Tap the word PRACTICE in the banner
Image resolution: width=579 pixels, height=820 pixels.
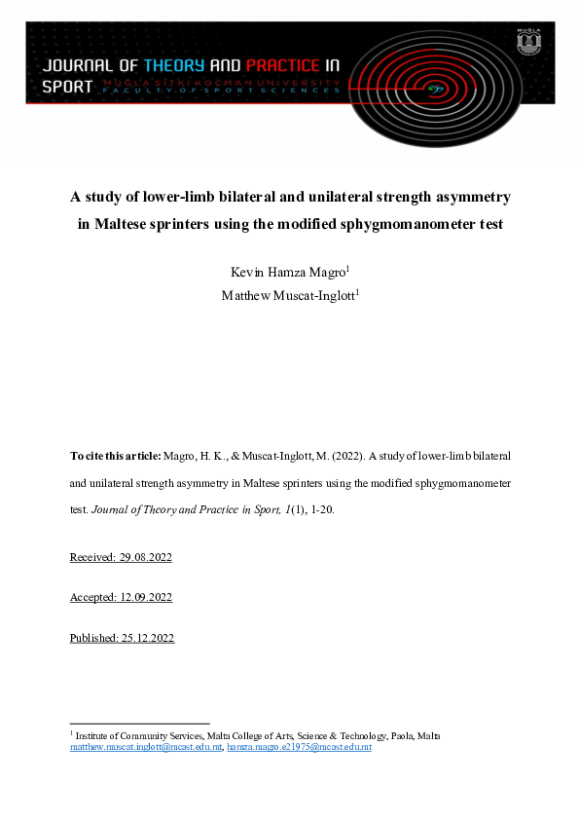point(282,66)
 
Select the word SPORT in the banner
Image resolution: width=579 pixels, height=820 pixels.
point(68,86)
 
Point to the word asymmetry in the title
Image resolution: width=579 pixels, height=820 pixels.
point(467,197)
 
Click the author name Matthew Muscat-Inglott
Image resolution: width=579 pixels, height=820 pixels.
point(289,292)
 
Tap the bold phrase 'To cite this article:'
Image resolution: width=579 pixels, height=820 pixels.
point(114,455)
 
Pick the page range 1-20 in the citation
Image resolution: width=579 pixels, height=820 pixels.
point(319,508)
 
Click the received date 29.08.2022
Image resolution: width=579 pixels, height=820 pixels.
point(140,557)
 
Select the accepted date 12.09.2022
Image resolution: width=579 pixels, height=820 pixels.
point(140,597)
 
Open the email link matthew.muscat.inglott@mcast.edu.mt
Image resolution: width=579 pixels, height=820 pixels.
point(146,748)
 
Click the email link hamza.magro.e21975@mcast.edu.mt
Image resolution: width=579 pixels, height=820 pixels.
point(299,748)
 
